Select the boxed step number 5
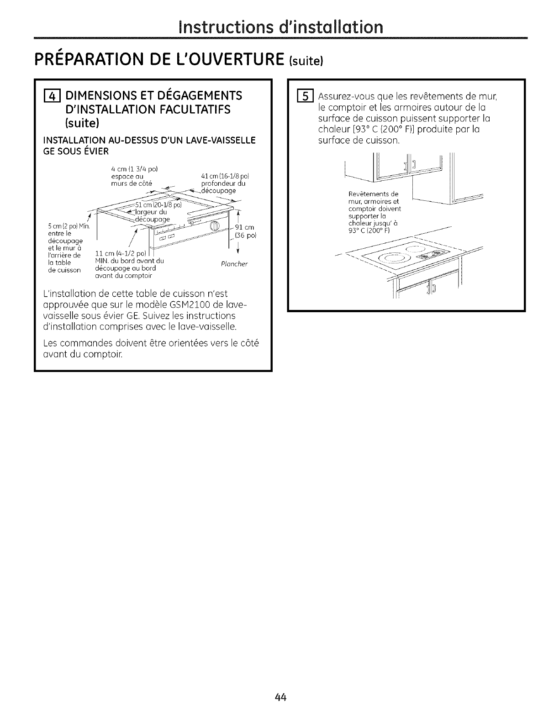[x=303, y=97]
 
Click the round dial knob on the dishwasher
[x=215, y=226]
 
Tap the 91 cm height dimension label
[x=243, y=227]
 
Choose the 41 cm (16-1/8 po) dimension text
[x=224, y=176]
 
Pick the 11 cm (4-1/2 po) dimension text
[x=119, y=253]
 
